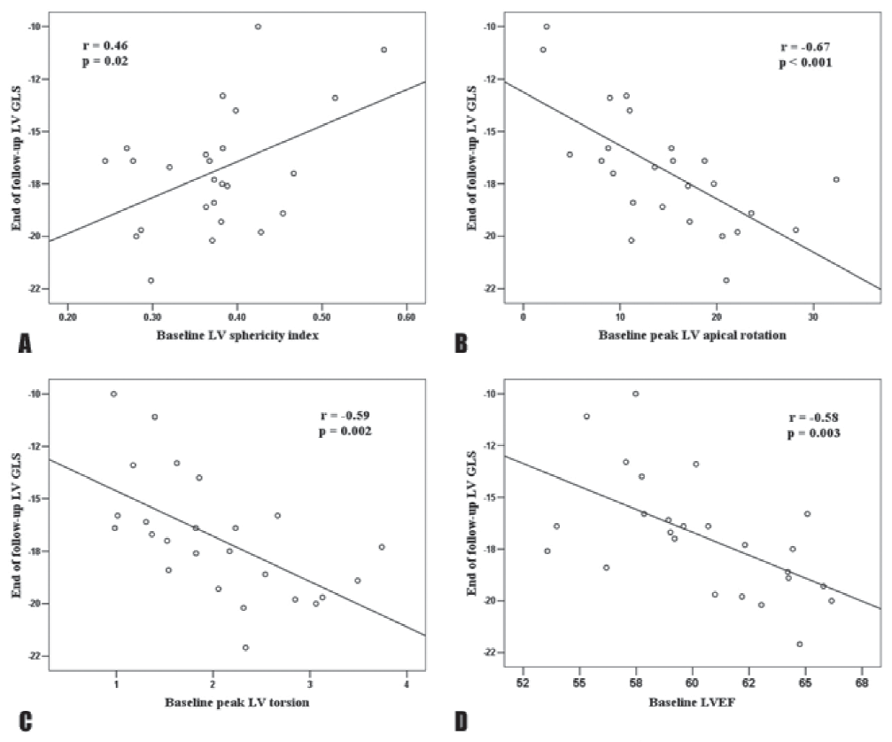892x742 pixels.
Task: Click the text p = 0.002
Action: (345, 431)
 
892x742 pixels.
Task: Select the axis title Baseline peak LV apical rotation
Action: (691, 336)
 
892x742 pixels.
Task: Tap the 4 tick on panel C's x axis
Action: (407, 683)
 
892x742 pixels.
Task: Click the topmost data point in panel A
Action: (258, 27)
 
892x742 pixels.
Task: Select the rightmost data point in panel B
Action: (836, 179)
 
